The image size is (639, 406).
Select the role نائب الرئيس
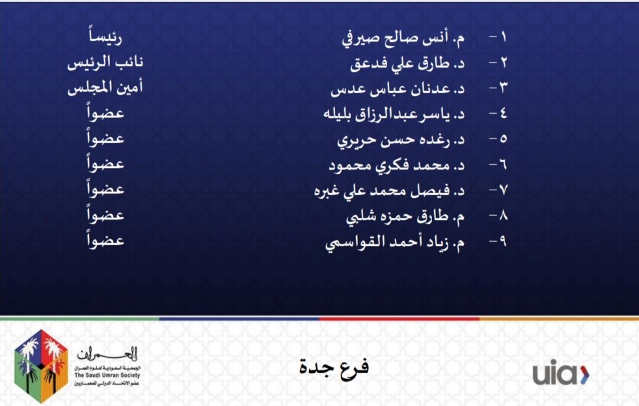(x=105, y=64)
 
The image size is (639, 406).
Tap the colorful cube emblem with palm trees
(x=41, y=365)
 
